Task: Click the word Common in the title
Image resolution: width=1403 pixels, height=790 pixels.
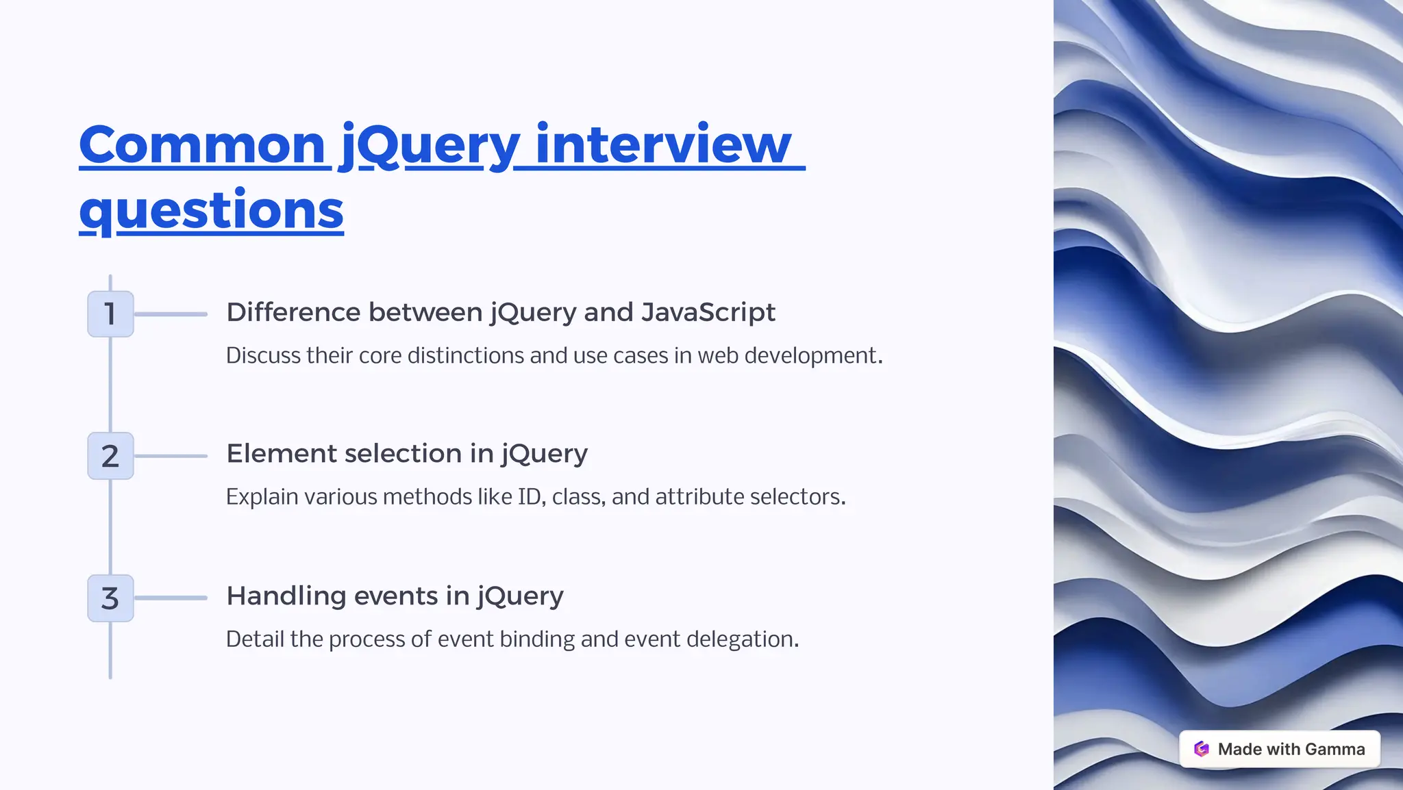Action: pyautogui.click(x=202, y=145)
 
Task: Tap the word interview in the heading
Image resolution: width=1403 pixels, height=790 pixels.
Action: pyautogui.click(x=663, y=145)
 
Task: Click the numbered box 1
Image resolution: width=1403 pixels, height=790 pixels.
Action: pyautogui.click(x=110, y=314)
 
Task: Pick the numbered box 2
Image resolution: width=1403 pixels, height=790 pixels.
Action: pyautogui.click(x=110, y=456)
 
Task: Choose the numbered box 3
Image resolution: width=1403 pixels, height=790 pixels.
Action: pyautogui.click(x=110, y=598)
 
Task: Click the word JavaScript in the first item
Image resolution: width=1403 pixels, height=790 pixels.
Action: pyautogui.click(x=708, y=312)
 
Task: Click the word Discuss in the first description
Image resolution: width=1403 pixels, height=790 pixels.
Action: pyautogui.click(x=263, y=356)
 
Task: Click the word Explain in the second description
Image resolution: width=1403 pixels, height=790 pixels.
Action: pyautogui.click(x=262, y=497)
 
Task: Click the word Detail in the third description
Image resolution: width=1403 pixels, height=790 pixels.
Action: pyautogui.click(x=255, y=639)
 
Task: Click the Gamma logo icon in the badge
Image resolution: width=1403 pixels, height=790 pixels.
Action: pyautogui.click(x=1202, y=749)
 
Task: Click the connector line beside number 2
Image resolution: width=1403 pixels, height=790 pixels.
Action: pyautogui.click(x=171, y=456)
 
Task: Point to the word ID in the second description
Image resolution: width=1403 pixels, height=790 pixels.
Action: pyautogui.click(x=530, y=497)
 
